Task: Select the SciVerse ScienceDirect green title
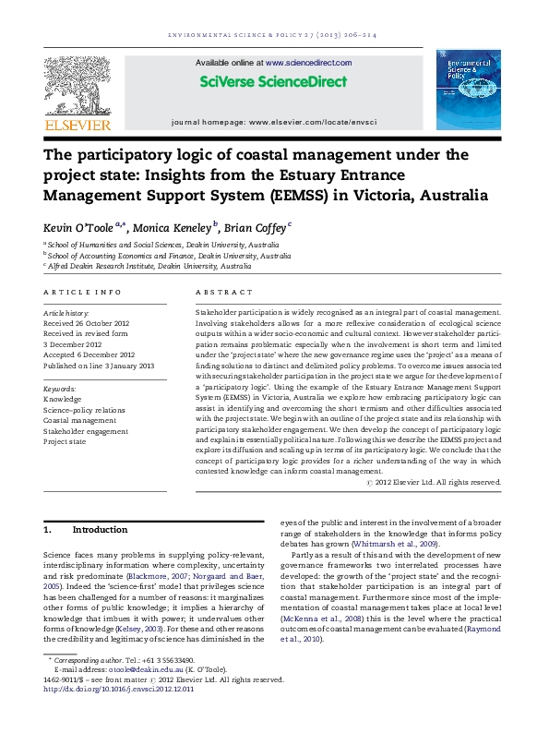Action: click(x=274, y=81)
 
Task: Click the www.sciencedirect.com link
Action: click(x=307, y=62)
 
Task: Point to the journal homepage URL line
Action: click(x=274, y=122)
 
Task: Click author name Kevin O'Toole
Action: click(x=78, y=227)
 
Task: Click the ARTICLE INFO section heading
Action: click(x=82, y=293)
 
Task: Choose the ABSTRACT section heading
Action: click(x=218, y=293)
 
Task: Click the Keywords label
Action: click(x=60, y=389)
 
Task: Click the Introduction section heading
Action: click(x=100, y=530)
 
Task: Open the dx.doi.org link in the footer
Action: click(x=119, y=688)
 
